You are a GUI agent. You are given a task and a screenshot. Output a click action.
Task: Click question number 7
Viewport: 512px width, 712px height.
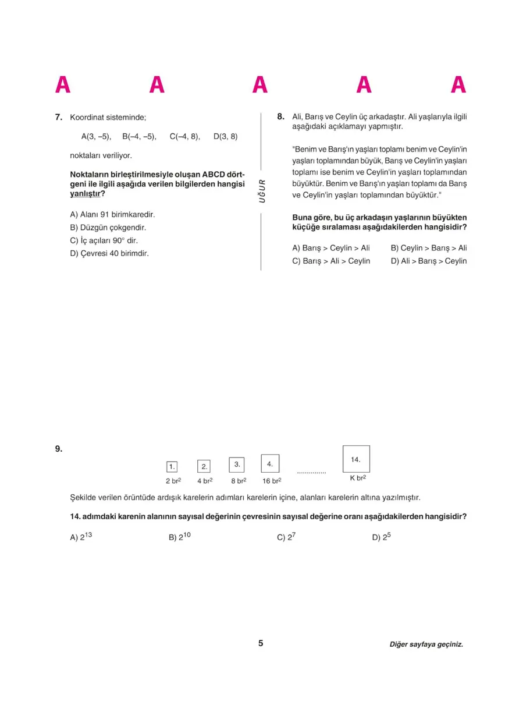point(58,117)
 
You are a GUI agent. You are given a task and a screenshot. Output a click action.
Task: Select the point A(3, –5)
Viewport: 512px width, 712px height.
point(96,137)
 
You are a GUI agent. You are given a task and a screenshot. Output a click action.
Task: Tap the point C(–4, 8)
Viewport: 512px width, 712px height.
point(184,137)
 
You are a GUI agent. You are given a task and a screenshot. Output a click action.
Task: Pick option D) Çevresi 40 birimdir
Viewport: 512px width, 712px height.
point(109,253)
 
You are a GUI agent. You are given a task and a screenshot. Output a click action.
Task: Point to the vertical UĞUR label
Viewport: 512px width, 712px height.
point(262,190)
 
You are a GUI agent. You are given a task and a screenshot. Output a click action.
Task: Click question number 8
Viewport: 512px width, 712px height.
point(280,116)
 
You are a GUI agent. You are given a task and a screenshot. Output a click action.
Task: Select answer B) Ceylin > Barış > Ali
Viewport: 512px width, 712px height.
point(429,248)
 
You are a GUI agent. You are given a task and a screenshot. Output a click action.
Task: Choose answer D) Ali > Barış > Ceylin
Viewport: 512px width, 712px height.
point(429,261)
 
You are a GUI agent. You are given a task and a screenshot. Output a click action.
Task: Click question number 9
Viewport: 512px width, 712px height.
point(58,448)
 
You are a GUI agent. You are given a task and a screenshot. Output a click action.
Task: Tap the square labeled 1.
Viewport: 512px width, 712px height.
point(172,466)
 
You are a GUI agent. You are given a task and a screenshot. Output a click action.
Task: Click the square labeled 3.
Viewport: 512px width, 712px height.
point(237,464)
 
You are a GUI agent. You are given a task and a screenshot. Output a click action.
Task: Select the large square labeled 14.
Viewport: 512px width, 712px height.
point(356,459)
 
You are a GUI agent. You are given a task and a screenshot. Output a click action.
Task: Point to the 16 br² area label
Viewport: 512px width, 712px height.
point(272,481)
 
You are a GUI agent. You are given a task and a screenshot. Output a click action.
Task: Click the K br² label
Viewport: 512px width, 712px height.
point(358,479)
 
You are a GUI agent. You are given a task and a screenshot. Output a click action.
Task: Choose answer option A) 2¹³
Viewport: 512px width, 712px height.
point(81,537)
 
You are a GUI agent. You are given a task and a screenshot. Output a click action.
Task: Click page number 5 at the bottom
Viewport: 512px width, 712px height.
point(261,643)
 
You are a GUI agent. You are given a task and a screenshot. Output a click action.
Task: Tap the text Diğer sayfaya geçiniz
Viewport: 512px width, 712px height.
point(426,644)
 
